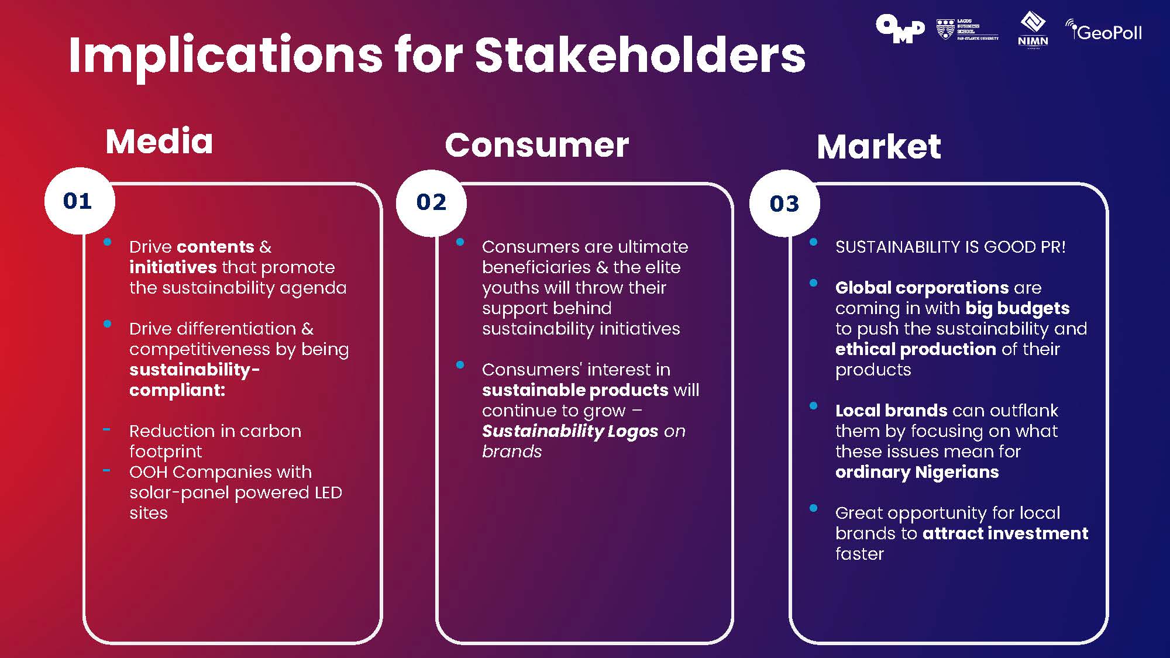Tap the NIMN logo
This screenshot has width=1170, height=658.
coord(1033,29)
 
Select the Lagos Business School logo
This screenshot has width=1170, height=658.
coord(968,29)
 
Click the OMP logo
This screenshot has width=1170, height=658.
coord(900,29)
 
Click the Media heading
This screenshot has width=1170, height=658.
coord(159,142)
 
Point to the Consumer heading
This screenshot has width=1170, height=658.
coord(536,145)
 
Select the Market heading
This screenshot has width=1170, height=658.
coord(879,146)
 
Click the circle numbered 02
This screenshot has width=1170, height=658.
coord(431,202)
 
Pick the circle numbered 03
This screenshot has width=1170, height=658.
coord(784,204)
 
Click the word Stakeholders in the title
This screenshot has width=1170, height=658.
coord(640,56)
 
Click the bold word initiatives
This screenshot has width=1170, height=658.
coord(173,267)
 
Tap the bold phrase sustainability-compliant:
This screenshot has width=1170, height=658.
coord(194,380)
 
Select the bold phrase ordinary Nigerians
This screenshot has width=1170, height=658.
coord(917,472)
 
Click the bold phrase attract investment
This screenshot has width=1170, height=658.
coord(1005,533)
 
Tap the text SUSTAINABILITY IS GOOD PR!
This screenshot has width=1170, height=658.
coord(950,247)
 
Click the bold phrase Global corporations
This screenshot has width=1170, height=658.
coord(921,288)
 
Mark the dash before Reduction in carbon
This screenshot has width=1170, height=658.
coord(106,430)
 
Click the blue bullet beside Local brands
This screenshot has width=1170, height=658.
coord(813,406)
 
